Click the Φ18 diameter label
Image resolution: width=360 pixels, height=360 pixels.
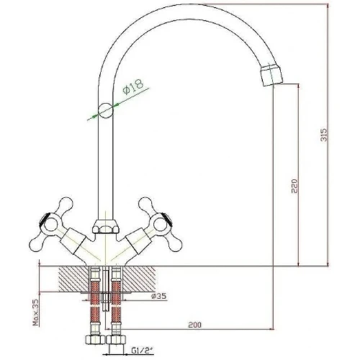click(x=132, y=87)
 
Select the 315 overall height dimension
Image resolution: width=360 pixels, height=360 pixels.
click(x=324, y=135)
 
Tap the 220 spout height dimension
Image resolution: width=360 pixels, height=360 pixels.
click(x=294, y=186)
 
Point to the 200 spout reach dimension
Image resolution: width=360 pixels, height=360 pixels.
click(x=194, y=325)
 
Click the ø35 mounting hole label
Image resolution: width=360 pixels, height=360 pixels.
click(x=158, y=296)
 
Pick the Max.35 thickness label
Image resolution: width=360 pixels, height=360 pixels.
click(x=35, y=312)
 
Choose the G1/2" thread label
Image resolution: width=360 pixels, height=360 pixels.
click(x=142, y=351)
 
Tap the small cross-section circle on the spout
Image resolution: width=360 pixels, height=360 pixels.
click(x=105, y=110)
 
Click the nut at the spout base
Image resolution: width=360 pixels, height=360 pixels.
click(x=106, y=226)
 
